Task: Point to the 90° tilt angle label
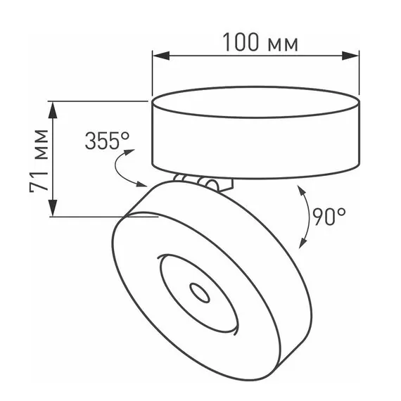pyautogui.click(x=329, y=215)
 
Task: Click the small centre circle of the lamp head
pyautogui.click(x=198, y=293)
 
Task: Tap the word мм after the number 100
pyautogui.click(x=283, y=44)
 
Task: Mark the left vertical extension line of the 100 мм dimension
pyautogui.click(x=153, y=74)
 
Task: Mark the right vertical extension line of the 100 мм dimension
pyautogui.click(x=359, y=74)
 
